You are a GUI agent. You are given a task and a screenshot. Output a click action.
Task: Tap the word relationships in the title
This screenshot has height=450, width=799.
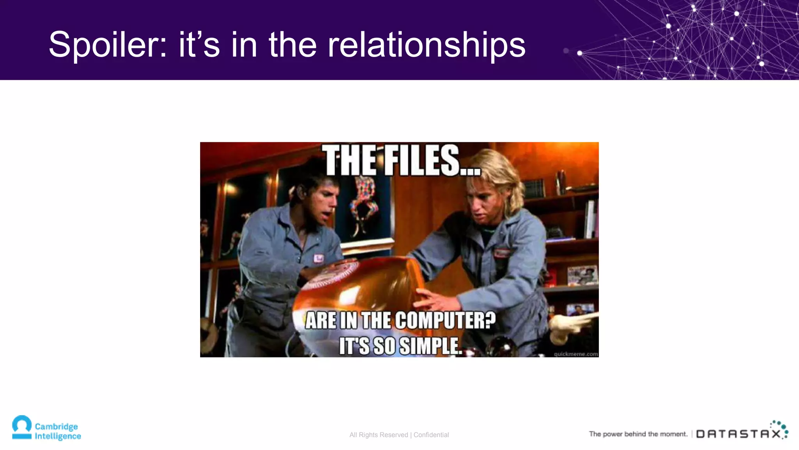[x=426, y=45]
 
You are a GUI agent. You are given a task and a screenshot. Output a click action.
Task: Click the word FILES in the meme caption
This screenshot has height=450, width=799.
[x=431, y=161]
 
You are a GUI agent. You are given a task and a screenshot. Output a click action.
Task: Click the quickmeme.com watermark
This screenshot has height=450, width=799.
[x=575, y=354]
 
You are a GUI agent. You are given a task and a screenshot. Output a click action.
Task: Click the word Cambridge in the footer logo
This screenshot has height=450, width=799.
[x=56, y=426]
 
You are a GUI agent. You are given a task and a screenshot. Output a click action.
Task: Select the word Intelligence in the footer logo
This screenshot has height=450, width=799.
[x=58, y=436]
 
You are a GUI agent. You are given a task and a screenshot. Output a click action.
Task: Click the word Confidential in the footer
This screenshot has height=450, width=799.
[x=431, y=435]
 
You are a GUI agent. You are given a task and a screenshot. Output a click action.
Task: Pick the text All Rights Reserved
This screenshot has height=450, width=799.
[x=378, y=435]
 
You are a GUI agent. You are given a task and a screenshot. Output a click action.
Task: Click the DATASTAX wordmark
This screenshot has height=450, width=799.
[x=738, y=434]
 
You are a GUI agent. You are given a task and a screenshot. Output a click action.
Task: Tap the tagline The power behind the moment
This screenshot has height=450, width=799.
[x=638, y=434]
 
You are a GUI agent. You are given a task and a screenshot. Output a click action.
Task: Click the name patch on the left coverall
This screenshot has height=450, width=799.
[x=319, y=258]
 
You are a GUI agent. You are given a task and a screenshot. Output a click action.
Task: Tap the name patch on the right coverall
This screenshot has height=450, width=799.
[x=502, y=253]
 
